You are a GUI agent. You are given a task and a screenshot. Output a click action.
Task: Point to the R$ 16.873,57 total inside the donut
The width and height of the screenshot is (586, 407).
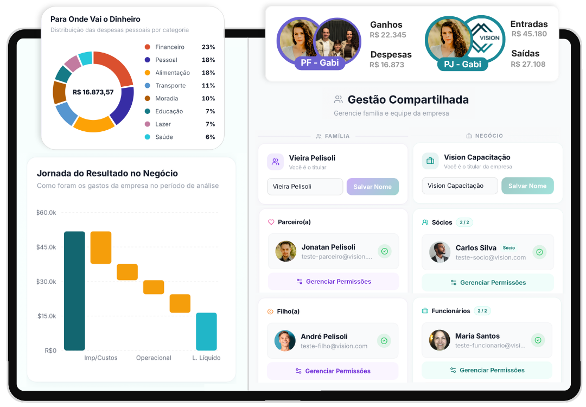pyautogui.click(x=93, y=92)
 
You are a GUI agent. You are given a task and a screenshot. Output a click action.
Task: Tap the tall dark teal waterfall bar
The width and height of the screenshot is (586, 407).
pyautogui.click(x=74, y=291)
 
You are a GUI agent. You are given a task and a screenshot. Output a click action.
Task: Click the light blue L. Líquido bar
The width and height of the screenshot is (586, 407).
pyautogui.click(x=206, y=332)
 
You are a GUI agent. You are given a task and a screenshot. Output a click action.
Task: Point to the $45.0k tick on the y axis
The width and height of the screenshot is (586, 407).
pyautogui.click(x=46, y=247)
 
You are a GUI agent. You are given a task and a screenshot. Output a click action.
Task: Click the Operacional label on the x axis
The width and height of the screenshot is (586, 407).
pyautogui.click(x=154, y=358)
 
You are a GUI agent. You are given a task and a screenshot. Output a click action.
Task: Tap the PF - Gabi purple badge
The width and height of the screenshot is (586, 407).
pyautogui.click(x=320, y=63)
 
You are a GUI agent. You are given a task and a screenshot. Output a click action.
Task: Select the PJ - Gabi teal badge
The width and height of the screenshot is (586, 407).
pyautogui.click(x=463, y=64)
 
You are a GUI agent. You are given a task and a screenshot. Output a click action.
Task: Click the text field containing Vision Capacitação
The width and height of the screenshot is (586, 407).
pyautogui.click(x=460, y=186)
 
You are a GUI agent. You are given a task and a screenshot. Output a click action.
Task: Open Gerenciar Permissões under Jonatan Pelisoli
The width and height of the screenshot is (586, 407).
pyautogui.click(x=333, y=282)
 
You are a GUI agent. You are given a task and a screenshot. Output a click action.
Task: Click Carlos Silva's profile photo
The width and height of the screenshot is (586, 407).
pyautogui.click(x=439, y=252)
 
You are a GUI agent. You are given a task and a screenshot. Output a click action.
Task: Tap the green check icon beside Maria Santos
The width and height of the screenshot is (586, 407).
pyautogui.click(x=538, y=340)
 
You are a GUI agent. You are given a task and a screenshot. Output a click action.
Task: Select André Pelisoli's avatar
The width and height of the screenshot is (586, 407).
pyautogui.click(x=285, y=340)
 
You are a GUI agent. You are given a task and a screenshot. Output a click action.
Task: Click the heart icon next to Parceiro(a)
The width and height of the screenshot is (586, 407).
pyautogui.click(x=271, y=222)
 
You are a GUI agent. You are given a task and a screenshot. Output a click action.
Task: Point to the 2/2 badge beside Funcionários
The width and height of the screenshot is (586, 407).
pyautogui.click(x=482, y=311)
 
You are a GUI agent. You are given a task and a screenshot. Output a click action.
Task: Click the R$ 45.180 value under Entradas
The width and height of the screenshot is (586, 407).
pyautogui.click(x=529, y=34)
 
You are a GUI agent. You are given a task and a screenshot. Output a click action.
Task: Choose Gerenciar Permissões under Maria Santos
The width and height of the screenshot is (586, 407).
pyautogui.click(x=487, y=371)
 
